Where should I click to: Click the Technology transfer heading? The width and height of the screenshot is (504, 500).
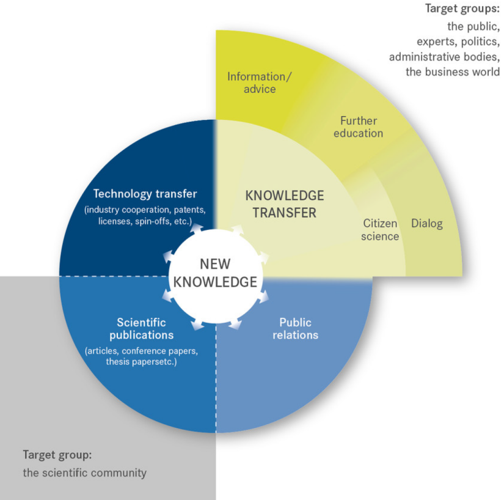point(145,194)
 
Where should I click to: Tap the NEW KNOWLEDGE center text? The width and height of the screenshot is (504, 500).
point(215,273)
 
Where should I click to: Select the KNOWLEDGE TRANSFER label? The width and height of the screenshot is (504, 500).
point(285,204)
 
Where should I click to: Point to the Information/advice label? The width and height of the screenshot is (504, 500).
point(260,83)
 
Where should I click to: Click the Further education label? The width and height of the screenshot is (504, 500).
point(359,127)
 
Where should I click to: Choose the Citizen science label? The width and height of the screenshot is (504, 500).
point(380,230)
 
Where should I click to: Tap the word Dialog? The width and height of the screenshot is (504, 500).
point(427,224)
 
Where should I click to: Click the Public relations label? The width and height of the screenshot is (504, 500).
point(296,329)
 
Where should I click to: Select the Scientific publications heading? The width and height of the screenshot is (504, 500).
point(142,329)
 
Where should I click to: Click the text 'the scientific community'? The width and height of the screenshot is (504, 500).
point(84,473)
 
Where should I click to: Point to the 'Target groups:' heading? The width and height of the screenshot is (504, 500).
point(462,9)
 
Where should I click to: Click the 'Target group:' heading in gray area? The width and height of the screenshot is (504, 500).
point(57,455)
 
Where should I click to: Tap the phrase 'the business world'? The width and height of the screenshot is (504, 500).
point(453,72)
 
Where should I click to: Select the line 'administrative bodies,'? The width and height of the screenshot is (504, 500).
point(445,57)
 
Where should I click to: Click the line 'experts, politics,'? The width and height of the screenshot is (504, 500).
point(458,42)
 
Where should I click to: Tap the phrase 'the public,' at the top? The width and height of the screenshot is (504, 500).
point(473,26)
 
